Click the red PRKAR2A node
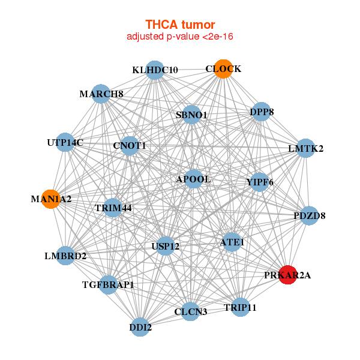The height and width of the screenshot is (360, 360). tap(288, 274)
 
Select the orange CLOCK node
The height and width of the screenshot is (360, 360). tap(223, 69)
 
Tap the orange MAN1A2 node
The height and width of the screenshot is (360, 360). tap(51, 199)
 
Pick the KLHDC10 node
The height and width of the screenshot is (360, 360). tap(155, 70)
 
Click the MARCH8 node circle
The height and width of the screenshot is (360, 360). tap(101, 94)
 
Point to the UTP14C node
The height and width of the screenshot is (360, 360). tap(65, 142)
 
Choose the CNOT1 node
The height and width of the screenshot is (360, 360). tap(130, 145)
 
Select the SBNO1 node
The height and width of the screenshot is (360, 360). tap(191, 115)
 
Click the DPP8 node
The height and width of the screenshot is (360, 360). tap(261, 112)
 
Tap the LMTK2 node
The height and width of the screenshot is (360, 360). tap(306, 148)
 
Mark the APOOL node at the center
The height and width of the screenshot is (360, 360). tap(193, 179)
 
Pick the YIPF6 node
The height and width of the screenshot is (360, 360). tap(259, 182)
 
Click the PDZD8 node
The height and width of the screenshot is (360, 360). tap(309, 215)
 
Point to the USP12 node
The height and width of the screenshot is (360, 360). tap(166, 245)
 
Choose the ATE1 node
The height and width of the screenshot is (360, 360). tap(232, 242)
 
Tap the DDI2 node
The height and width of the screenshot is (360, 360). tap(140, 327)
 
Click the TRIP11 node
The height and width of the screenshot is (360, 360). tap(240, 307)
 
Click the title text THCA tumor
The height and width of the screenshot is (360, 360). tap(180, 25)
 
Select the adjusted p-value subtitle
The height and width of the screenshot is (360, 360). tap(180, 37)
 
